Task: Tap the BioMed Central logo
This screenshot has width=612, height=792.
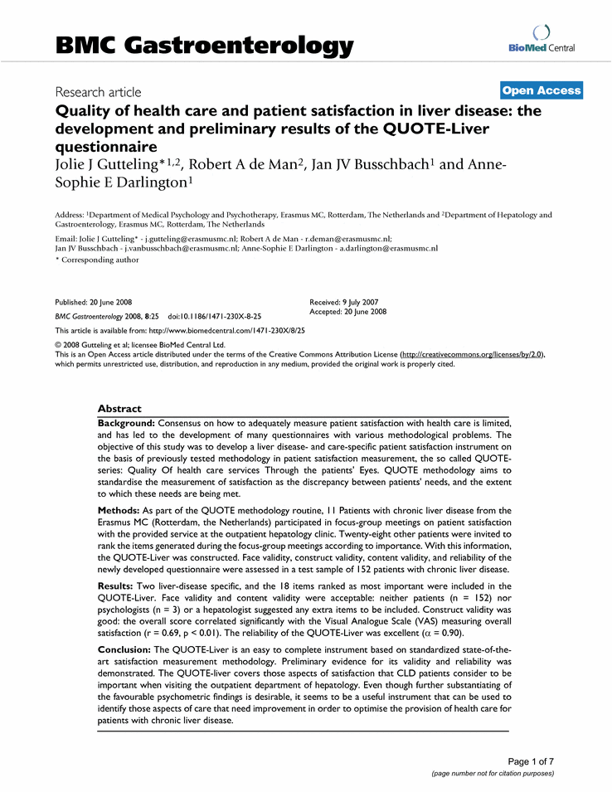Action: (x=542, y=40)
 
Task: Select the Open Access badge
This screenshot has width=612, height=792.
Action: (x=542, y=90)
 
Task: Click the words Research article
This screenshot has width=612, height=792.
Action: (x=98, y=92)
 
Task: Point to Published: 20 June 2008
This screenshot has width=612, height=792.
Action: (x=94, y=303)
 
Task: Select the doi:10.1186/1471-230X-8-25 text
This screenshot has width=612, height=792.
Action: (x=215, y=317)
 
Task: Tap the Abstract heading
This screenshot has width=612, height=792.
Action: (x=119, y=409)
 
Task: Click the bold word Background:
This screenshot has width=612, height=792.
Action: (x=127, y=423)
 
